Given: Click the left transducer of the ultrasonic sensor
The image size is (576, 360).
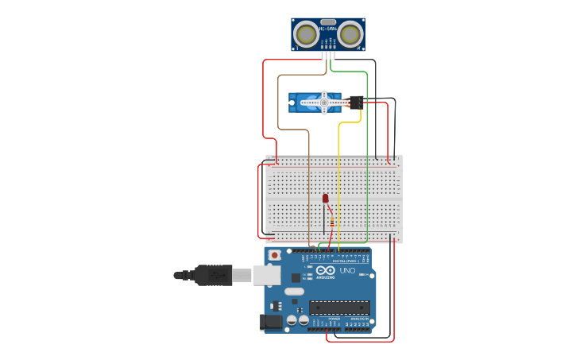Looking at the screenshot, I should coord(306,34).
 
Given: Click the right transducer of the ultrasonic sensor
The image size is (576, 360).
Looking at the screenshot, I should coord(350,34).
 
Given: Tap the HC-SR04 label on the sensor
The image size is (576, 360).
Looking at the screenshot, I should coord(328,29).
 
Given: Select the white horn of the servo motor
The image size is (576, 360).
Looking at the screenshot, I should coord(323,102).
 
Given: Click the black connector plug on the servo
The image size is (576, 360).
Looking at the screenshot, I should coord(356,102).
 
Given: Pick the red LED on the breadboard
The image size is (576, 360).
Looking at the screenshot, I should coord(325,198).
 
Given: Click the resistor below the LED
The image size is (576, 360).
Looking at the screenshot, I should coord(331,223).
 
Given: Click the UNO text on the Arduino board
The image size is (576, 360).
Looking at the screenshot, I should coord(347,271).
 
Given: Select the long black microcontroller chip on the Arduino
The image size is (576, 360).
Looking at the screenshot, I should coord(339,307).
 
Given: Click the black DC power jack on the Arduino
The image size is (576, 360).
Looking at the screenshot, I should coord(271,322).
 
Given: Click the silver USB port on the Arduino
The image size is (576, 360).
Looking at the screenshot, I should coord(267,275).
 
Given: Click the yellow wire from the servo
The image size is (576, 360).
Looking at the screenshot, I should coord(339,183).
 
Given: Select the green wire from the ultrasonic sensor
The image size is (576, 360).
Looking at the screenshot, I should coord(367,159).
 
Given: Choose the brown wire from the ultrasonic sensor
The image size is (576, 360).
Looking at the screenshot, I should coord(308,183).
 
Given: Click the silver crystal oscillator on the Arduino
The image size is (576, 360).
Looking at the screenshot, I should coord(294,291).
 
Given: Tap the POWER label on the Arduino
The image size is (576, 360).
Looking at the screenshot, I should coord(323,318).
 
